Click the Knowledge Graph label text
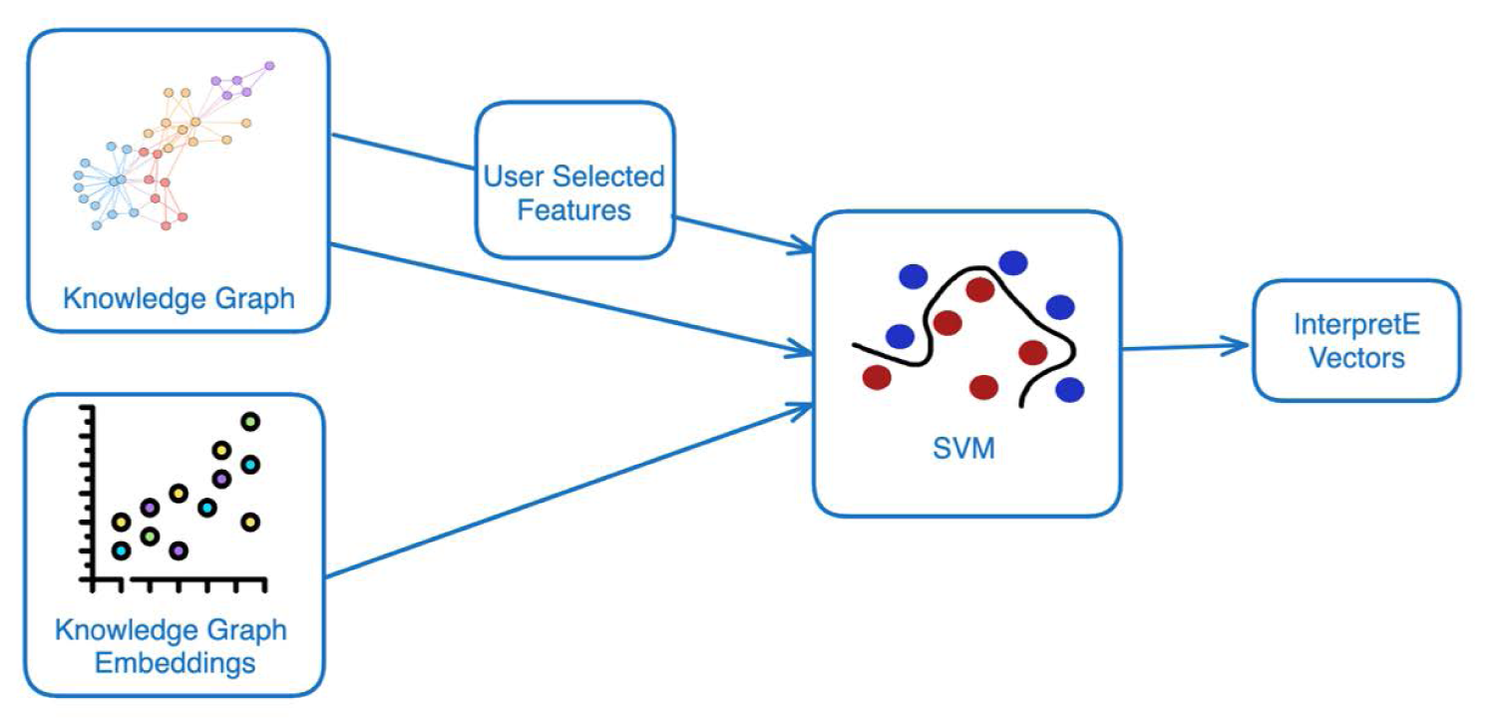tap(180, 297)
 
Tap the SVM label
tap(965, 450)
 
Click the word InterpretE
tap(1356, 325)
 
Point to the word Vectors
tap(1356, 357)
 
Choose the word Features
tap(573, 210)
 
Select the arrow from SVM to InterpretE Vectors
tap(1187, 347)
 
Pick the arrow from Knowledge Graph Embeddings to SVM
tap(568, 490)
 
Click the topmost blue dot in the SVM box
tap(1013, 262)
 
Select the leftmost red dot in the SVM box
tap(877, 377)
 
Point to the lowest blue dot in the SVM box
tap(1069, 389)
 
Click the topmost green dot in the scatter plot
tap(251, 422)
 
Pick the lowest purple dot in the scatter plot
tap(179, 550)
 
